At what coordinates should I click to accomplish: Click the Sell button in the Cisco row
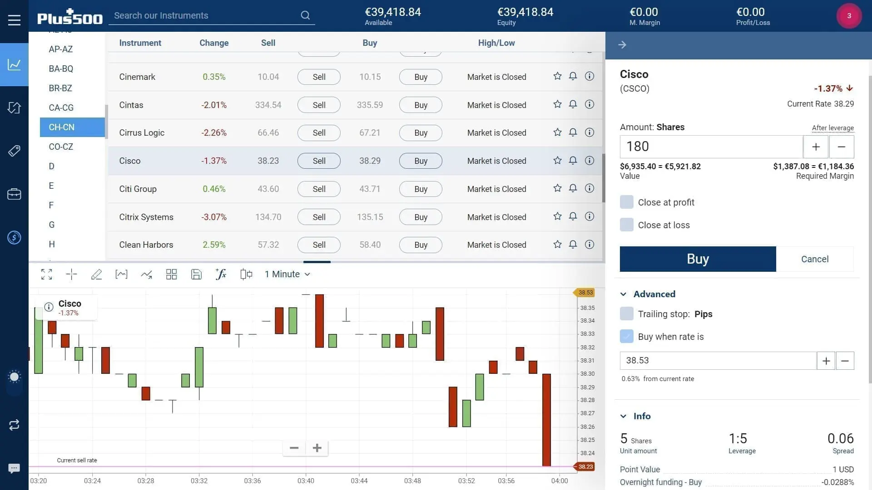click(319, 161)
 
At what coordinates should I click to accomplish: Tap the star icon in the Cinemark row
click(557, 76)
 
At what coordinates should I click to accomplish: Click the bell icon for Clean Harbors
click(573, 245)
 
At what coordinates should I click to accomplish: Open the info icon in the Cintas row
click(589, 104)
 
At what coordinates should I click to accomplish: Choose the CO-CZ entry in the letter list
click(61, 147)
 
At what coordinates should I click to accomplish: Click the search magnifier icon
click(305, 15)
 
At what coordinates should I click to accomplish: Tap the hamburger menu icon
click(14, 20)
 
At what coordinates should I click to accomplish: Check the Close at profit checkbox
click(627, 202)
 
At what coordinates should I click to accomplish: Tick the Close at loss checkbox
click(627, 225)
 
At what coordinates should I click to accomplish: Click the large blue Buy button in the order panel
click(698, 259)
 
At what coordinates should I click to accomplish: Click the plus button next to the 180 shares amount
click(816, 147)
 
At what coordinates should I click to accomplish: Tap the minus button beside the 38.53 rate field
click(845, 361)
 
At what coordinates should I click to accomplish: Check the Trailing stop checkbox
click(627, 314)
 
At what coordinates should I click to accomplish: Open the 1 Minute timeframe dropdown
click(287, 274)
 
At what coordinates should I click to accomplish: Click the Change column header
click(214, 43)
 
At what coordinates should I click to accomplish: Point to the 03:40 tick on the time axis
click(306, 480)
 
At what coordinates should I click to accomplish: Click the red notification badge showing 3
click(849, 16)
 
